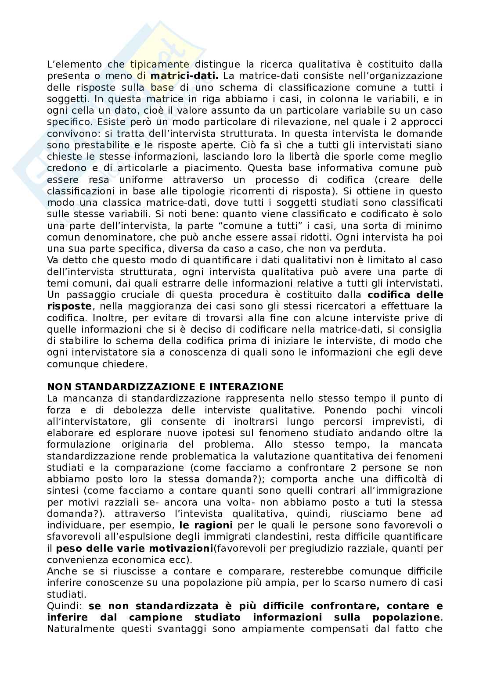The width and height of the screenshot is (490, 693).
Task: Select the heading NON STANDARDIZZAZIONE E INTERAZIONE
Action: point(165,387)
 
